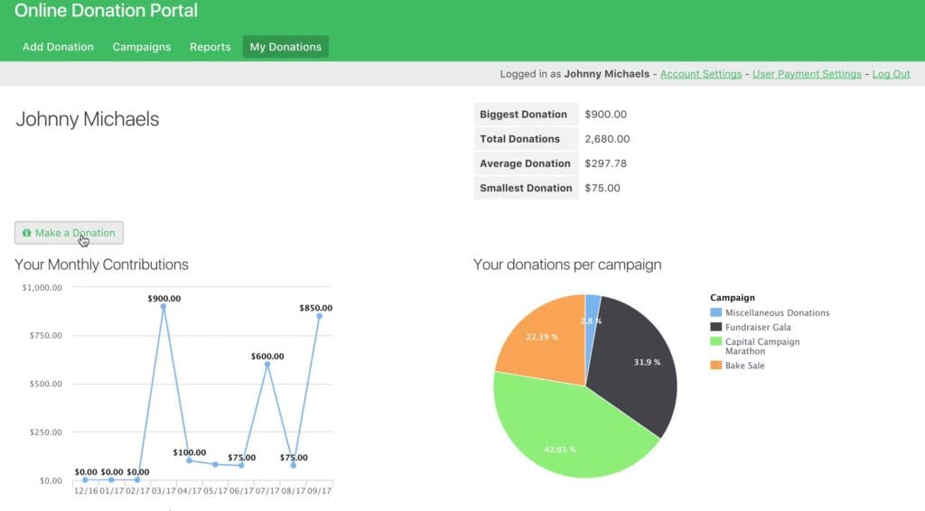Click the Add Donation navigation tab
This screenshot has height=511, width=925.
coord(58,47)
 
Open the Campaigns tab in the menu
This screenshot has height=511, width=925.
coord(142,47)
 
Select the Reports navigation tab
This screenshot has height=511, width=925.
coord(210,47)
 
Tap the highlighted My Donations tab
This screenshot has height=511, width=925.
coord(285,47)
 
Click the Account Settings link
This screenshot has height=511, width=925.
coord(701,74)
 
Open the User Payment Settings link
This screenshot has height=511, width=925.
coord(807,74)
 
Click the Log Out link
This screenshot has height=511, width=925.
coord(891,74)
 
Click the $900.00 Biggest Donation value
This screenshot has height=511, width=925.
coord(605,115)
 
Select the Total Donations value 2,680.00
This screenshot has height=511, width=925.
coord(607,139)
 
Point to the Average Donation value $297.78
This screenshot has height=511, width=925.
coord(605,163)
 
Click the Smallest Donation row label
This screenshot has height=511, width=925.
coord(526,188)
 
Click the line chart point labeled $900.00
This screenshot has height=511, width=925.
coord(164,307)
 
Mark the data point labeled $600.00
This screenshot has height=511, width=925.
coord(267,365)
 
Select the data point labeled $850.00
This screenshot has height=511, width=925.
coord(319,316)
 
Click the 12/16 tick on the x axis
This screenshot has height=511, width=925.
coord(86,492)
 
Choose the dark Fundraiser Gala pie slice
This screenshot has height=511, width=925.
coord(637,361)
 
